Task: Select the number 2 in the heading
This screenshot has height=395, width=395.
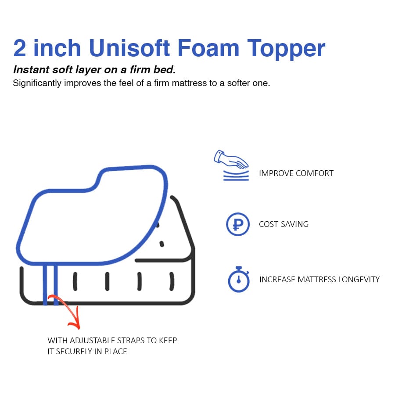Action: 20,48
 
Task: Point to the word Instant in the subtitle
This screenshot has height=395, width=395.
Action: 31,70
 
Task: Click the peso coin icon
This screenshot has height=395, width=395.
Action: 237,224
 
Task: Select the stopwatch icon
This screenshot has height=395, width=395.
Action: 238,279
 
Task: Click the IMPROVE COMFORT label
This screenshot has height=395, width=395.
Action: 296,173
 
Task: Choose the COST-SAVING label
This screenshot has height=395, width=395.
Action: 284,224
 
